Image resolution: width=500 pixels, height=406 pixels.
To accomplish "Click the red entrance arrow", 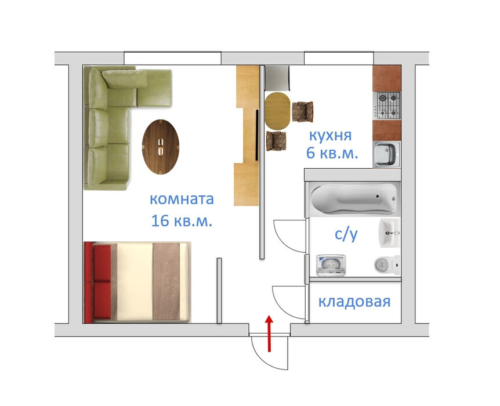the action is pos(270,333).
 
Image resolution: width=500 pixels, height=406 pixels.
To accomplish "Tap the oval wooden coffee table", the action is pos(161,147).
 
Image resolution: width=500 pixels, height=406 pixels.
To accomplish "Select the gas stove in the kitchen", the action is pos(387,106).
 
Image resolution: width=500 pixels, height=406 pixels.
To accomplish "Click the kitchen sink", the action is pos(387,155).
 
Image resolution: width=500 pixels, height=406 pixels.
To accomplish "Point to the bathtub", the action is pos(354,198).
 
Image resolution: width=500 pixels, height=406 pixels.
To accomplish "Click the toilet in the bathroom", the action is pos(387,264).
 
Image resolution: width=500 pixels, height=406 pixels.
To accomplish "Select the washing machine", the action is pos(331,265).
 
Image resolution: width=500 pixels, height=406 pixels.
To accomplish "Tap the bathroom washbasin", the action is pos(389,233).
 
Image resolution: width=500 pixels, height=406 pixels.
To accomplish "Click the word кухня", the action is pos(331,136).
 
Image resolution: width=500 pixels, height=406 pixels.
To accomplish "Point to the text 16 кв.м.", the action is pos(182,221).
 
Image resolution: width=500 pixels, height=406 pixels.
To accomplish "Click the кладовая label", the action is pos(354,302).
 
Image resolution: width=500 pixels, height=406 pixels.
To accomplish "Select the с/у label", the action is pos(346,234).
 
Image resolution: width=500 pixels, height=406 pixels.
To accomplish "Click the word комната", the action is pos(182,199).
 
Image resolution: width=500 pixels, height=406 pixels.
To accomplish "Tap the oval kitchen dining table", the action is pos(278,111).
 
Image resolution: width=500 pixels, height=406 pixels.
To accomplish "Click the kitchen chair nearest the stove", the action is pos(303,111).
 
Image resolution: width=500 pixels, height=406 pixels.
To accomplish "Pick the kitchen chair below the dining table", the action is pos(277,141).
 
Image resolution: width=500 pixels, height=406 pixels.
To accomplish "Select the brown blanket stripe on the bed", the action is pos(166,282).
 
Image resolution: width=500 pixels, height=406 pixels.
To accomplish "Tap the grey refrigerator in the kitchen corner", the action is pos(277,78).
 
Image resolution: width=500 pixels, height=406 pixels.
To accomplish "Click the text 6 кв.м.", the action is pos(332,153).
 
